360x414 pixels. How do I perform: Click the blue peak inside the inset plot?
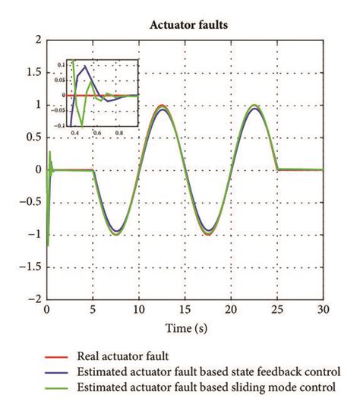(86, 67)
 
